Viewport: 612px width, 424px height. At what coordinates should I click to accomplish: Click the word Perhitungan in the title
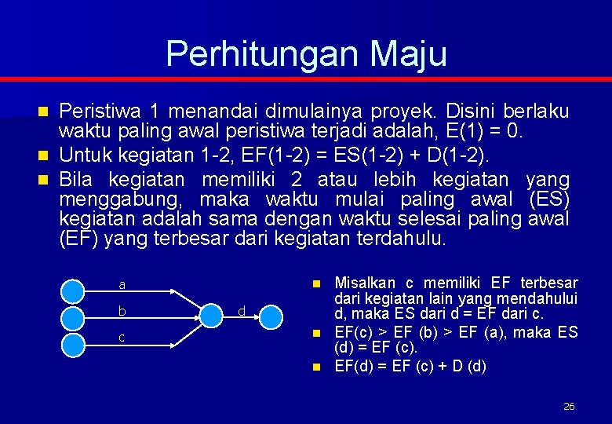[262, 53]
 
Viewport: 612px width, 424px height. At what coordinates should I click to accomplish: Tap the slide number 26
[569, 406]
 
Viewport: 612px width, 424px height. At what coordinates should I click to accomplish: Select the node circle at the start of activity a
[73, 291]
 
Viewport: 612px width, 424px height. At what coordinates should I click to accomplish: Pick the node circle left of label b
[73, 317]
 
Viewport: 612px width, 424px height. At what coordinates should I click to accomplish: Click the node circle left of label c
[73, 344]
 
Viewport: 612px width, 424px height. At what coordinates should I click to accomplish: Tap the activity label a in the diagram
[122, 284]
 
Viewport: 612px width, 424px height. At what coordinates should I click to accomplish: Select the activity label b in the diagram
[122, 311]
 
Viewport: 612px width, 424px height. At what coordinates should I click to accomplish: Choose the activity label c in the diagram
[122, 338]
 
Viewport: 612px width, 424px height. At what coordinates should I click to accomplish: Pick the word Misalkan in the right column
[367, 283]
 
